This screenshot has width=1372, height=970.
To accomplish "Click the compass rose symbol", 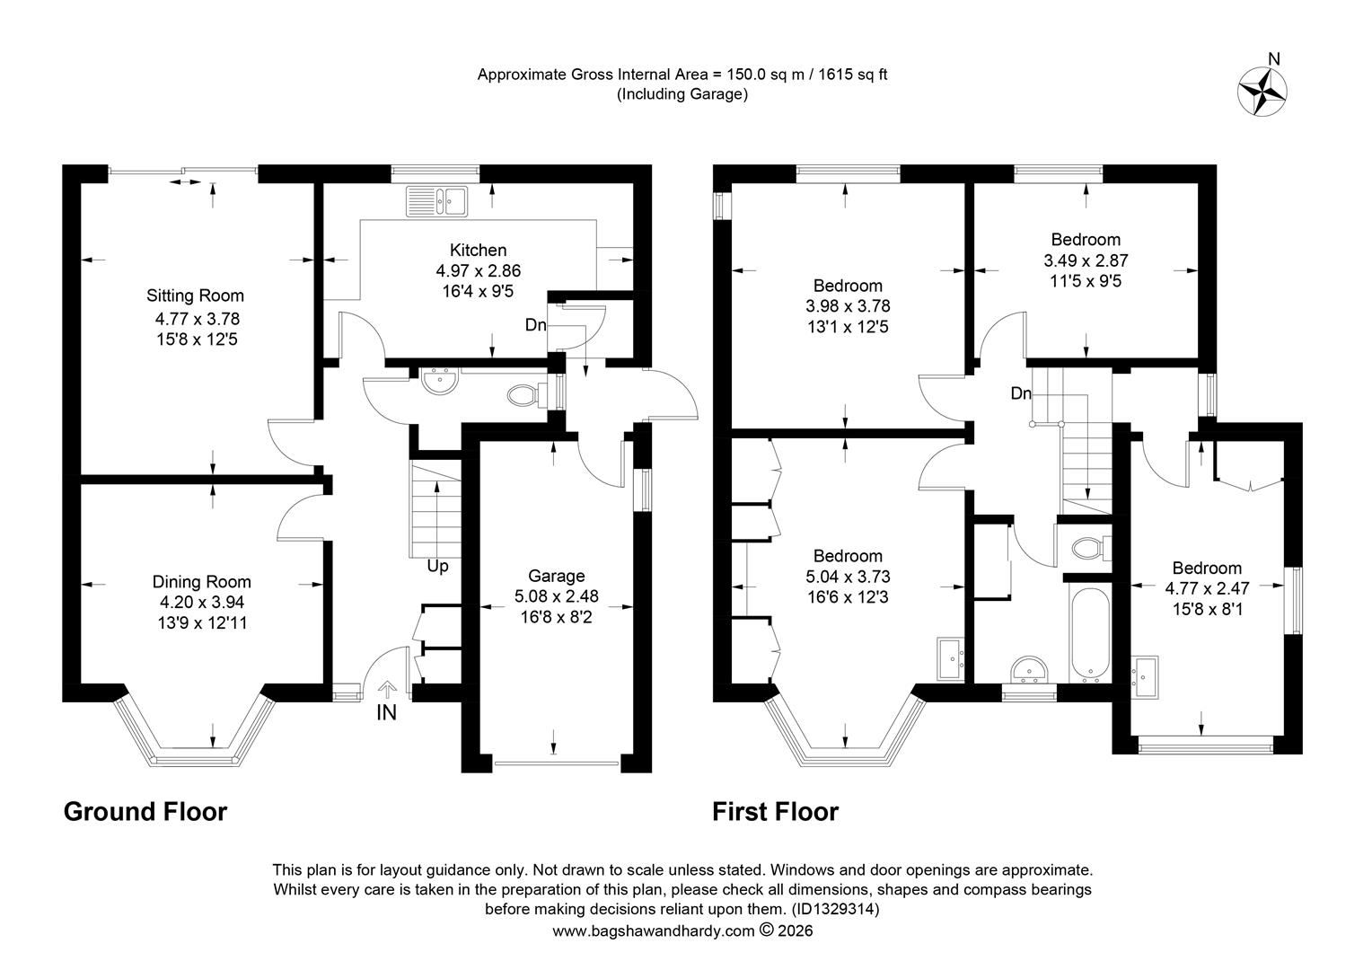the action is [x=1262, y=92].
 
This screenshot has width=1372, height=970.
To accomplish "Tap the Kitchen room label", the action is [x=478, y=250].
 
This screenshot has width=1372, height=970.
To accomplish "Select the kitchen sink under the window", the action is [x=436, y=201].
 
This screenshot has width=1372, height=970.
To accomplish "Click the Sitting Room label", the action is [x=195, y=295].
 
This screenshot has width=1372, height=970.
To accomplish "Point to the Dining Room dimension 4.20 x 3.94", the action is [x=201, y=603].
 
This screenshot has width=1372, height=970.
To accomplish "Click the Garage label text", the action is [x=556, y=576].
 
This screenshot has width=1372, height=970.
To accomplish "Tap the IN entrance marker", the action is [x=386, y=712].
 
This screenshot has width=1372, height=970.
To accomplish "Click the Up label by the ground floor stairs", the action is [x=437, y=566].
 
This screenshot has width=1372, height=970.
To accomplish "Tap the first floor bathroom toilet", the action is [x=1092, y=547].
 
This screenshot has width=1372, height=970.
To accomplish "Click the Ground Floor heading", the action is [x=145, y=811].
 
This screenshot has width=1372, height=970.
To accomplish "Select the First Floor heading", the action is [x=775, y=811].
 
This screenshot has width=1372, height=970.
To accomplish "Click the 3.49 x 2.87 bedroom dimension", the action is [x=1086, y=260].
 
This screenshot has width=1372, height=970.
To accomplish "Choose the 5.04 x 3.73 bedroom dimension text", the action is [x=848, y=577].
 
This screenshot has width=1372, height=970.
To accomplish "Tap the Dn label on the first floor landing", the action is [x=1021, y=393].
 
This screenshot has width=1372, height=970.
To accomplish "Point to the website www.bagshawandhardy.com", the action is [x=653, y=930].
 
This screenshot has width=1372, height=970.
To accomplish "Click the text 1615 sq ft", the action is [x=853, y=75].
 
